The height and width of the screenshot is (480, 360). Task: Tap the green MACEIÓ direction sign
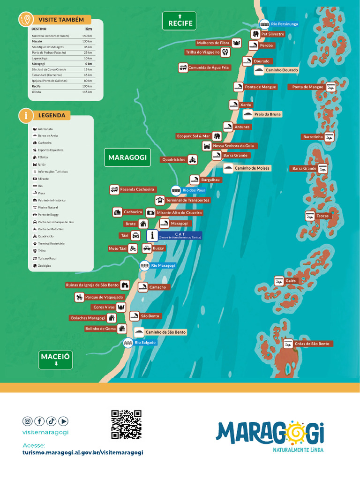(56, 359)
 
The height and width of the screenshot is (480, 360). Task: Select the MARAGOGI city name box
(127, 157)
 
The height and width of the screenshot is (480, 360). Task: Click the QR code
(126, 424)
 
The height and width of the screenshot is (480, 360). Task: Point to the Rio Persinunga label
(284, 23)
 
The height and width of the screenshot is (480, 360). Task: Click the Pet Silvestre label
(272, 34)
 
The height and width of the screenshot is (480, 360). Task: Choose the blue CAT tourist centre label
(180, 235)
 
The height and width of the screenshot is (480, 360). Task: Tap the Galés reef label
(290, 281)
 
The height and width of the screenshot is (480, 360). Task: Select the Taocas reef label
(322, 216)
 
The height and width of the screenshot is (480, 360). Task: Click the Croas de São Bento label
(312, 344)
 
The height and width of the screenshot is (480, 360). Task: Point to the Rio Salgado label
(145, 343)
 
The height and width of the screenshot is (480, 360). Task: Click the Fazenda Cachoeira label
(137, 189)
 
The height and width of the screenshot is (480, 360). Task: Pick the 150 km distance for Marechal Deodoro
(87, 36)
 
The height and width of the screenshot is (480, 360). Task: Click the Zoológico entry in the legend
(45, 266)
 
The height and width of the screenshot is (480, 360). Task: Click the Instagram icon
(28, 421)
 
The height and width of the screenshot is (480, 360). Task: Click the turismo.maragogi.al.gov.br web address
(82, 452)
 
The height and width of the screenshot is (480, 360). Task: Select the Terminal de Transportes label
(187, 200)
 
